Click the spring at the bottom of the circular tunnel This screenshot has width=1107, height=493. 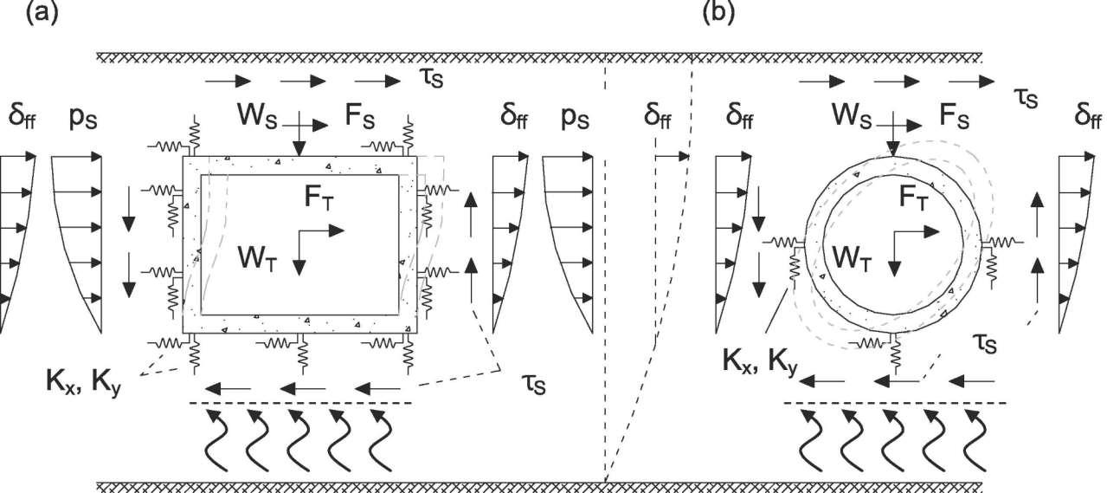pos(894,351)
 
